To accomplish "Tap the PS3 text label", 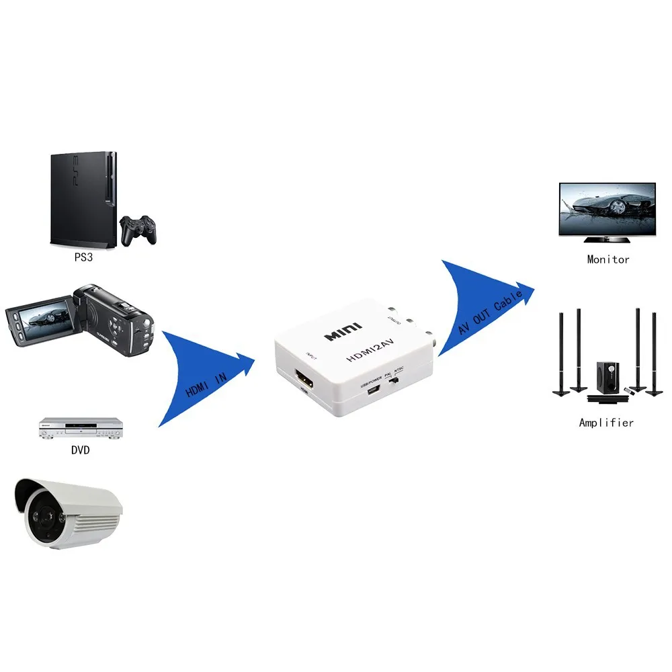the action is tap(83, 256).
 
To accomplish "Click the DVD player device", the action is tap(81, 428).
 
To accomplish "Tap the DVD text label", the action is tap(80, 450).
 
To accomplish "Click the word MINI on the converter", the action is tap(343, 331).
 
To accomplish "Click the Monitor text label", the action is tap(607, 259).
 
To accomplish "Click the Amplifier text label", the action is tap(606, 423).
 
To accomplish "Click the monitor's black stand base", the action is tap(606, 239).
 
